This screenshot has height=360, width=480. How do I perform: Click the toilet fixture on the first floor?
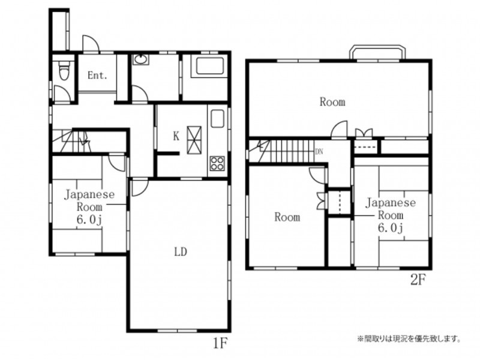(x=64, y=70)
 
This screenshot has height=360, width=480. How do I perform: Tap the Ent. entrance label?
(x=97, y=76)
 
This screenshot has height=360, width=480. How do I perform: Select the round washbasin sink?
(x=140, y=59)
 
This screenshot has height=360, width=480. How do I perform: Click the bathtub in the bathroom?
(x=209, y=66)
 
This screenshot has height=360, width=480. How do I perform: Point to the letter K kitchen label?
(x=176, y=136)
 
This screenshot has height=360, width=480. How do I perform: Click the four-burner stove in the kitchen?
(x=217, y=163)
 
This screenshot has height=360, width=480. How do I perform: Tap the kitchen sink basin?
(x=217, y=118)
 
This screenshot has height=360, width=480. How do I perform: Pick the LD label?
(x=181, y=252)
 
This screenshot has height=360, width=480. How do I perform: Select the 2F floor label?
(x=418, y=280)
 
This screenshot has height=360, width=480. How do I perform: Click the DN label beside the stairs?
(x=319, y=152)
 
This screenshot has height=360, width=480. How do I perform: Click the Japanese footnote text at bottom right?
(x=410, y=339)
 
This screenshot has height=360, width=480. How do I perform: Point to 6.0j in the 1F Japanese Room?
(x=89, y=220)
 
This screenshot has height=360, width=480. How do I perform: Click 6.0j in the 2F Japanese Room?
(x=391, y=228)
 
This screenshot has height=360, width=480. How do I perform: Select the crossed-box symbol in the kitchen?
(x=194, y=140)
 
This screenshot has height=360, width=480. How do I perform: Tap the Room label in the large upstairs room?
(x=332, y=101)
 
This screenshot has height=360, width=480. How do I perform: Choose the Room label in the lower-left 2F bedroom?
(x=287, y=217)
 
